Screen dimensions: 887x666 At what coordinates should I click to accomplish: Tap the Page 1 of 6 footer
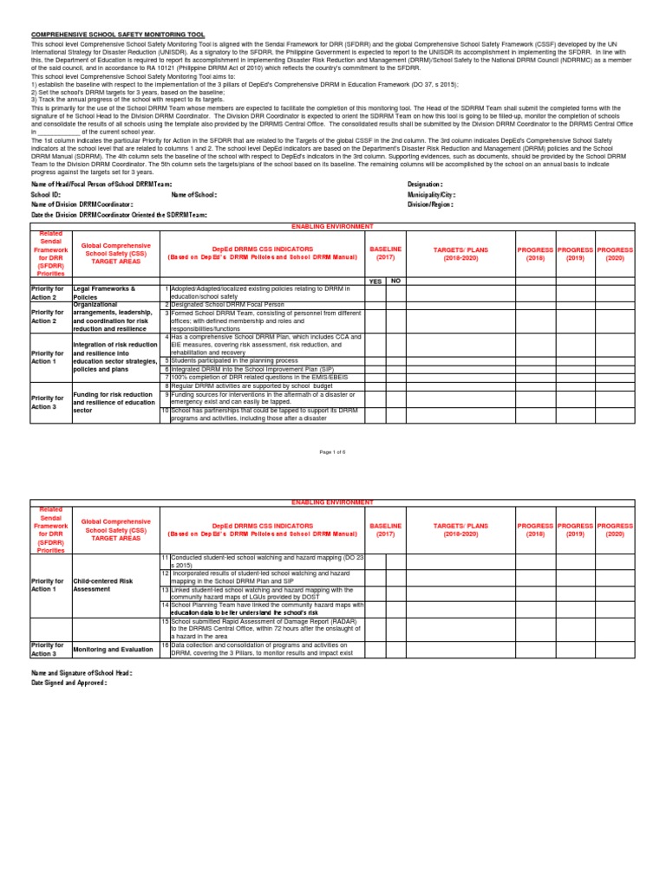[332, 452]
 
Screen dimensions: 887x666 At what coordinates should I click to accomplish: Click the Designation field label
[425, 185]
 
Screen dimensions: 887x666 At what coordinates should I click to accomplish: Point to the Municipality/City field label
[431, 195]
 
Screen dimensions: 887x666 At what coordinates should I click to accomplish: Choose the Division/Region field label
[430, 204]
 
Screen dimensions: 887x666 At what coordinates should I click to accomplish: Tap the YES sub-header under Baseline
[375, 281]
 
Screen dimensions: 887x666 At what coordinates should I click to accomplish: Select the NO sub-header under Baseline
[395, 281]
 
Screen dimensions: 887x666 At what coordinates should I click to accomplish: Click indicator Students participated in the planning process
[234, 360]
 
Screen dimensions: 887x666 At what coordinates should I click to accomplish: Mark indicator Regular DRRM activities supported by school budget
[238, 386]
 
